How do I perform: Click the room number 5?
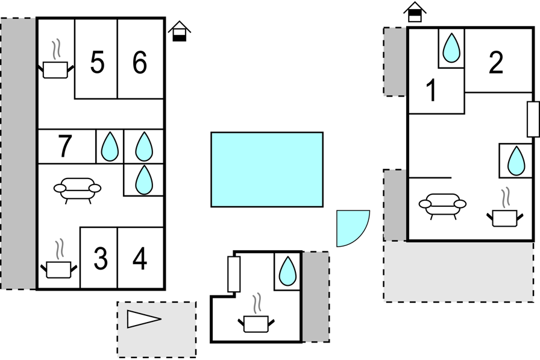point(97,62)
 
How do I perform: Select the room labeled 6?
point(140,62)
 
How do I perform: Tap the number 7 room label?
point(64,146)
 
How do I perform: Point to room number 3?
point(101,258)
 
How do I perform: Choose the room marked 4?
point(140,258)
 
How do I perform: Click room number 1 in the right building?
point(431,90)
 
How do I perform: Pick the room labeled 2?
point(496,62)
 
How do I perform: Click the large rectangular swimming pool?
point(267,169)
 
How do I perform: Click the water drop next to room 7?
point(110,147)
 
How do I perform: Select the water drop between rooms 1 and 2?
point(451,48)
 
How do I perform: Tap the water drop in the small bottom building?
point(287,271)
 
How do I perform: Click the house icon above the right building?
point(415,13)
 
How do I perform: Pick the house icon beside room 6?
point(180,31)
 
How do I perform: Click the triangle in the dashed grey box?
point(144,319)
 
